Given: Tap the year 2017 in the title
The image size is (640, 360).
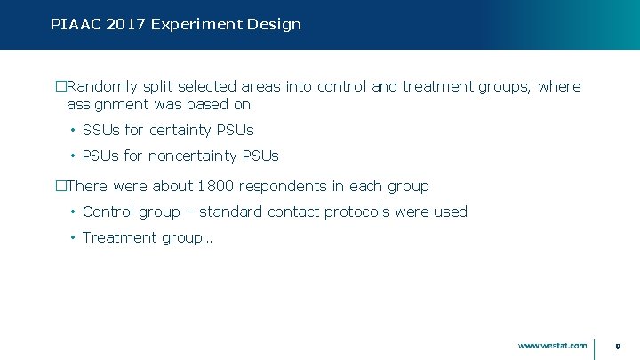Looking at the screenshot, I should pyautogui.click(x=124, y=24).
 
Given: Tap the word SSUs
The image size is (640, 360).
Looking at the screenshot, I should pyautogui.click(x=101, y=131).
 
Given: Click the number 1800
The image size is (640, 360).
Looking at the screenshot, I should pyautogui.click(x=216, y=187).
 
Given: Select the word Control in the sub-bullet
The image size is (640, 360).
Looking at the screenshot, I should pyautogui.click(x=108, y=212).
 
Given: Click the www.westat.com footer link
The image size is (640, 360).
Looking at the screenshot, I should pyautogui.click(x=552, y=345).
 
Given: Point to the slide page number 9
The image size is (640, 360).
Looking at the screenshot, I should pyautogui.click(x=618, y=345).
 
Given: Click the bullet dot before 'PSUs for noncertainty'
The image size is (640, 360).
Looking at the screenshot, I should pyautogui.click(x=72, y=156).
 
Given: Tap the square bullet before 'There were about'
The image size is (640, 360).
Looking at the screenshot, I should pyautogui.click(x=61, y=187).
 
